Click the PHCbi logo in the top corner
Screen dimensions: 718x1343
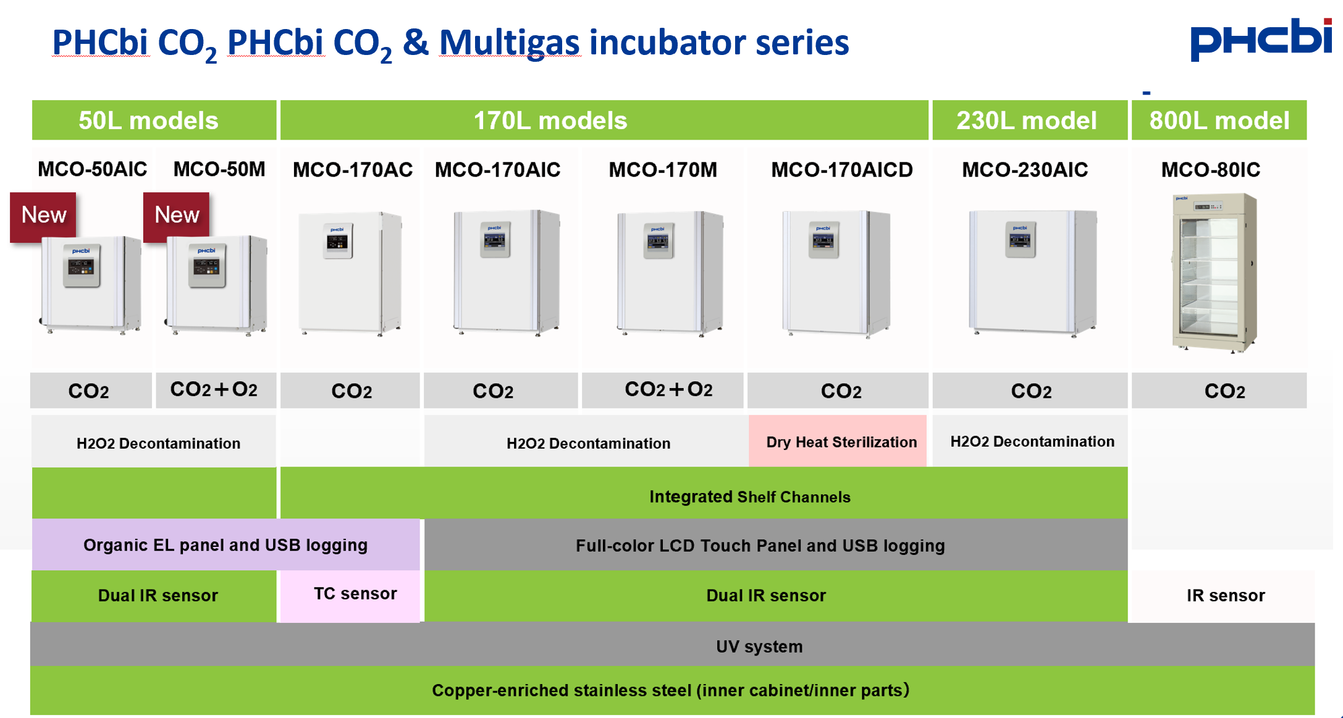(x=1260, y=40)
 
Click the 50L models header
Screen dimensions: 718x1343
(x=148, y=120)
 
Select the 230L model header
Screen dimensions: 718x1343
(x=1026, y=120)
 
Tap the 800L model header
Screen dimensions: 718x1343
(x=1219, y=120)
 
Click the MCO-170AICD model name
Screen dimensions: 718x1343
(x=841, y=169)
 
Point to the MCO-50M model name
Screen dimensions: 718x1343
(x=219, y=169)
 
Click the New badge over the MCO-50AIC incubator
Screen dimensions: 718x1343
(x=43, y=215)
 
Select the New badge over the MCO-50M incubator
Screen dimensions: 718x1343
(x=177, y=215)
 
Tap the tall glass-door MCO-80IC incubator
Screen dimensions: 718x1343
(x=1214, y=272)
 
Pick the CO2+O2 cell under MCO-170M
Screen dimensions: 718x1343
(x=668, y=389)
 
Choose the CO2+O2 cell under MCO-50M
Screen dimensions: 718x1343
(x=214, y=389)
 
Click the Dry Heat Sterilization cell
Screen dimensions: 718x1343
(x=841, y=442)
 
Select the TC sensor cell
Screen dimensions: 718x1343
(x=355, y=594)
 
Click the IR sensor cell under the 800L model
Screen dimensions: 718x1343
(x=1225, y=596)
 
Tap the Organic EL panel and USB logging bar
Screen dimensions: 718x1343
(x=225, y=545)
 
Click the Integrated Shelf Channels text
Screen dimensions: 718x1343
(x=749, y=497)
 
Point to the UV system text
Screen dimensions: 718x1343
(x=759, y=646)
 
